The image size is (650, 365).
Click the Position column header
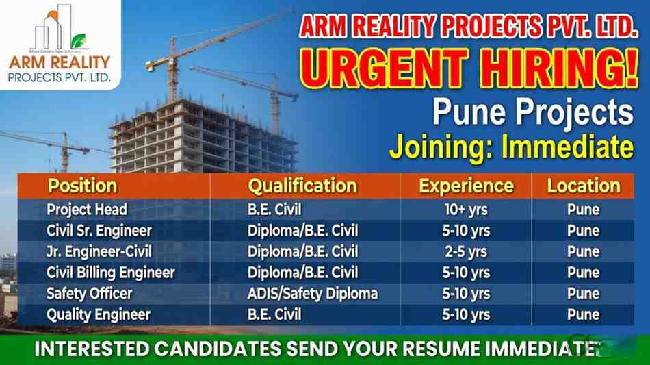click(82, 186)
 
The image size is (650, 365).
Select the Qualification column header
click(302, 186)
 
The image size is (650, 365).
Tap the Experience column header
click(466, 186)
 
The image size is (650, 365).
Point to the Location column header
click(583, 186)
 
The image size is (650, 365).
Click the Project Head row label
click(87, 210)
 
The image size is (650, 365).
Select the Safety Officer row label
click(89, 294)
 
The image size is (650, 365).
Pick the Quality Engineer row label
click(98, 315)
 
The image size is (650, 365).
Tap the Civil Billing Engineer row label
click(111, 273)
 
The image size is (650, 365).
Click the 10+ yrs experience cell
click(466, 210)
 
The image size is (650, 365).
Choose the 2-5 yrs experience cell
click(466, 251)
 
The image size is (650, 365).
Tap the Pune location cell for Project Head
click(583, 210)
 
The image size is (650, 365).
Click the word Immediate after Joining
click(567, 147)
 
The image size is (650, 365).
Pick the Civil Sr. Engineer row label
click(99, 230)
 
